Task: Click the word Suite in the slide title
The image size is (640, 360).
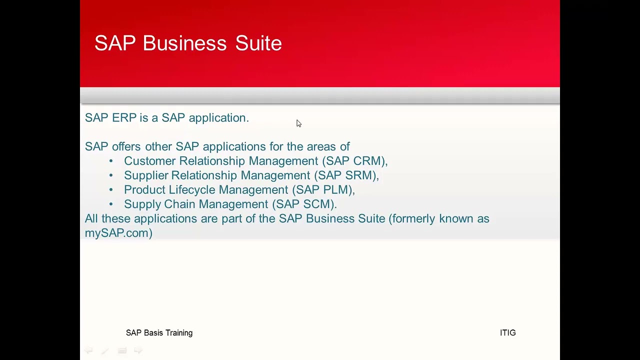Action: click(x=258, y=43)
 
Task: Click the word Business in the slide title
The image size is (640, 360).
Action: click(x=184, y=43)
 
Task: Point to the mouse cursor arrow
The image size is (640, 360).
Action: click(x=298, y=123)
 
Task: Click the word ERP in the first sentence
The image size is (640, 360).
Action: click(x=124, y=117)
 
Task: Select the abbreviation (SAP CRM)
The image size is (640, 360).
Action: click(x=354, y=161)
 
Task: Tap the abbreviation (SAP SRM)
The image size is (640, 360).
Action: click(x=346, y=175)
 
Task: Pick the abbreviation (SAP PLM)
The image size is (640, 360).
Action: click(x=323, y=190)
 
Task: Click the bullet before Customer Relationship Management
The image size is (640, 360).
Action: click(x=111, y=161)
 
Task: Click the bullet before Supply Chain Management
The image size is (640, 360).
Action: click(x=111, y=204)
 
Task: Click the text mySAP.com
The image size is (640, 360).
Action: click(x=118, y=233)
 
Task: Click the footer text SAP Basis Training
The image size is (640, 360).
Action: click(x=159, y=333)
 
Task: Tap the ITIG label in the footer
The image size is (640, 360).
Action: click(x=507, y=333)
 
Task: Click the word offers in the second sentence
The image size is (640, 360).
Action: click(x=126, y=146)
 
